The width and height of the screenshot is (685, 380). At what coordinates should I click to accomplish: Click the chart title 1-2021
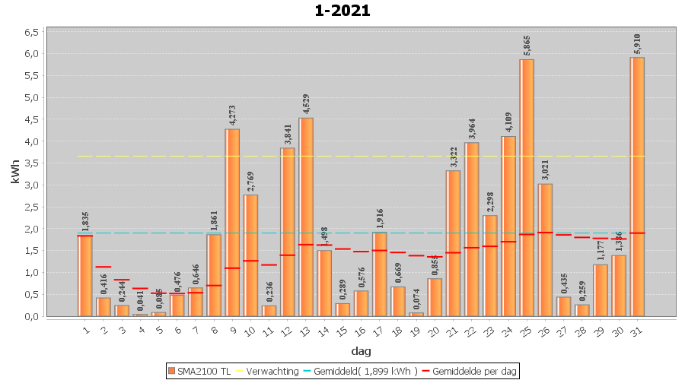pyautogui.click(x=342, y=11)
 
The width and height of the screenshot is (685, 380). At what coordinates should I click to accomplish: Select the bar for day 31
pyautogui.click(x=638, y=186)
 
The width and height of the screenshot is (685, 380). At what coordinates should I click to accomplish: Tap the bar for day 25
pyautogui.click(x=527, y=187)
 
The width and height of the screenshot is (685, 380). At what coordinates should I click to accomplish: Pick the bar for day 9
pyautogui.click(x=232, y=222)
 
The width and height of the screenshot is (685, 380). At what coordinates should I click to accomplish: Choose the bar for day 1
pyautogui.click(x=85, y=275)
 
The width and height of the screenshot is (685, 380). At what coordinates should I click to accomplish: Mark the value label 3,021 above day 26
pyautogui.click(x=546, y=170)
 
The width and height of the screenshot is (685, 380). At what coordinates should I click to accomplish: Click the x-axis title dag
pyautogui.click(x=361, y=351)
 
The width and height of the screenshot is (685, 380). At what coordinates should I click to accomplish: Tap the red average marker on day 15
pyautogui.click(x=342, y=249)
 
